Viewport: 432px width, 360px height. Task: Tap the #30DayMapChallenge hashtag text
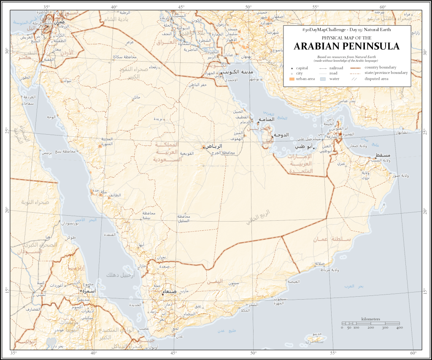coord(323,30)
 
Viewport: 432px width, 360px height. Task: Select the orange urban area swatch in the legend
coord(292,79)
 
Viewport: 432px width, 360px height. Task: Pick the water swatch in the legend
coord(323,79)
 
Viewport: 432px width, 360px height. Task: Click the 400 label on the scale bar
coord(400,328)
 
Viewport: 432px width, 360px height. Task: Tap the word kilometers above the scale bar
coord(371,319)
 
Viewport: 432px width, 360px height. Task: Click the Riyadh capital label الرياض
coord(214,146)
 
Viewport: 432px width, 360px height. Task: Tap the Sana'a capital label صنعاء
coord(168,291)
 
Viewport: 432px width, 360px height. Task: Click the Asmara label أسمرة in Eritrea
coord(89,291)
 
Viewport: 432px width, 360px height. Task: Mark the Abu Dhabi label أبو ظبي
coord(304,146)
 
